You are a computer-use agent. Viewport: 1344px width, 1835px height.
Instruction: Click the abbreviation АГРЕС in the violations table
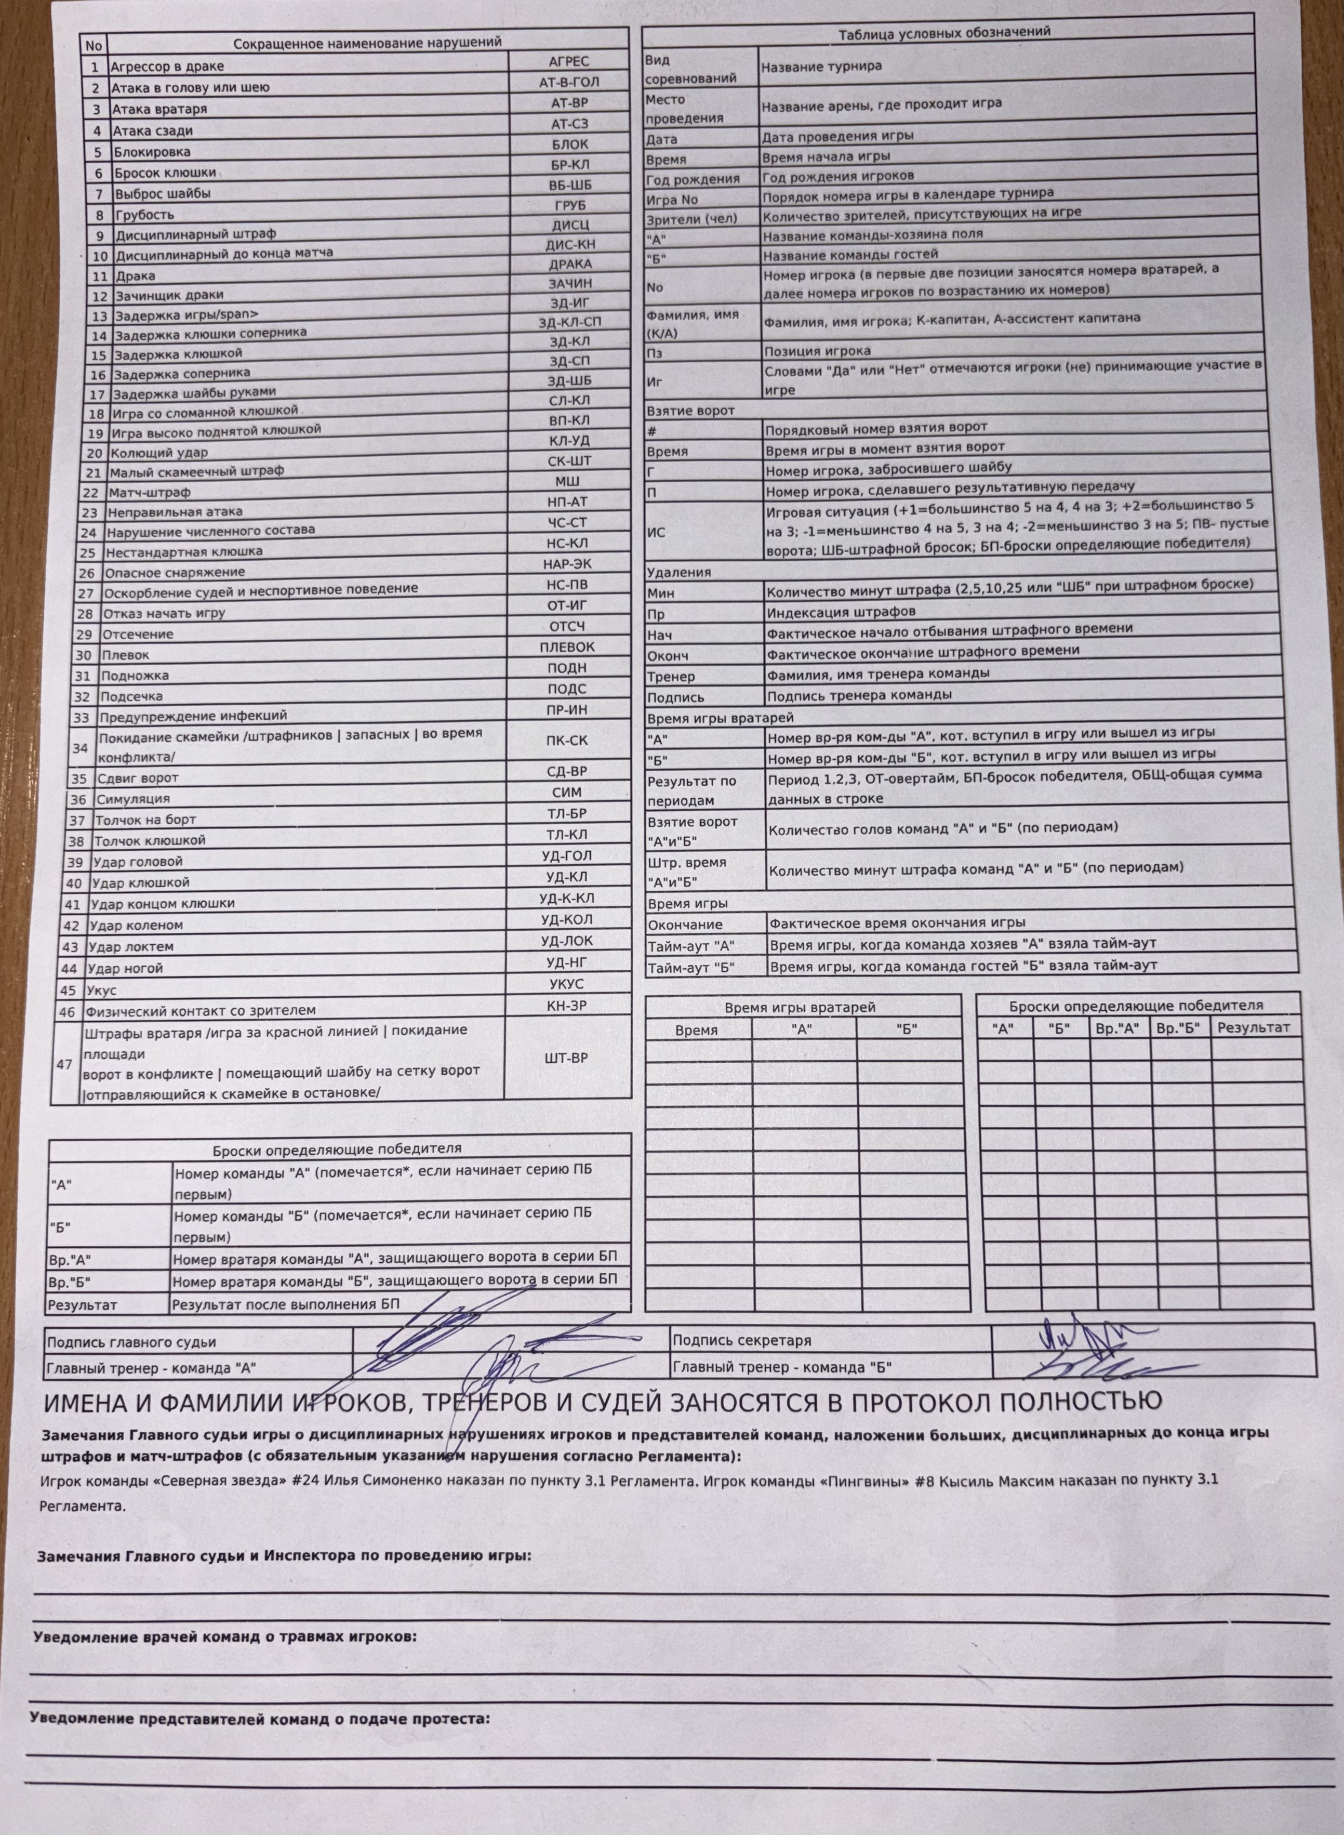(x=569, y=61)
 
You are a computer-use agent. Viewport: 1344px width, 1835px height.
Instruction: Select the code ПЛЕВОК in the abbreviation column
(x=567, y=647)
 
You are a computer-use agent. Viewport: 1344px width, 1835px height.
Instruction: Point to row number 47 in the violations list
(x=64, y=1064)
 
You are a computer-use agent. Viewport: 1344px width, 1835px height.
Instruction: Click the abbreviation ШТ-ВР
(x=565, y=1058)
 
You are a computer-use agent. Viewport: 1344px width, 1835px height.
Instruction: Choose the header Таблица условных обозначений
(x=944, y=32)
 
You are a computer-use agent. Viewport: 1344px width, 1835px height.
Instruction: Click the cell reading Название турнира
(x=821, y=67)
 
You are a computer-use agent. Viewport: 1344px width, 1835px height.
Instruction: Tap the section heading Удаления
(x=678, y=572)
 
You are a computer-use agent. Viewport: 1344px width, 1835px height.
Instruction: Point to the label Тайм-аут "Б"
(x=691, y=968)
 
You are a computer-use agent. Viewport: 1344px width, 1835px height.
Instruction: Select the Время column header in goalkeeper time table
(x=696, y=1030)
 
